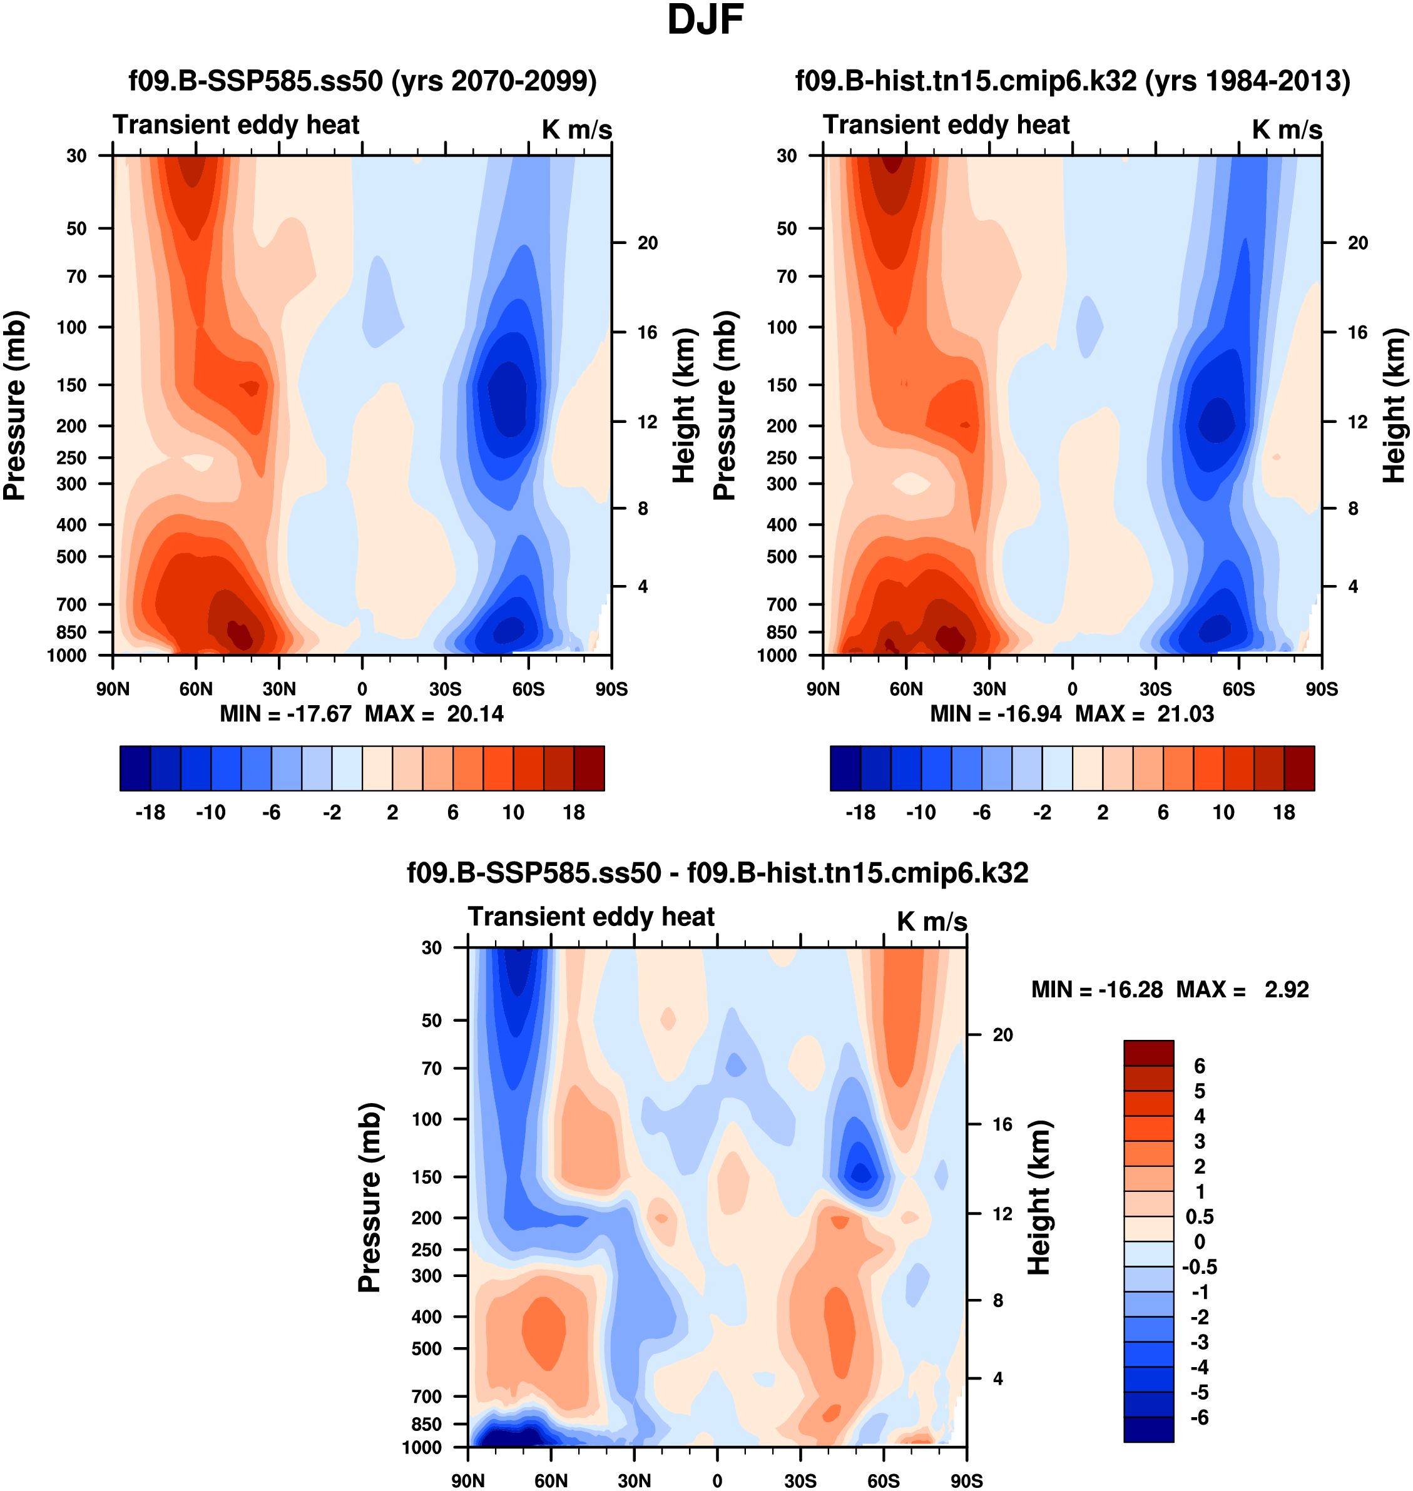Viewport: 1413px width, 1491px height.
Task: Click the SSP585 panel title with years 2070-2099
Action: click(x=362, y=81)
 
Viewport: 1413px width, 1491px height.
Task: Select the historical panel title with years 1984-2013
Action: click(x=1073, y=81)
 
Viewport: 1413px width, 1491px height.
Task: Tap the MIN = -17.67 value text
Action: click(x=285, y=713)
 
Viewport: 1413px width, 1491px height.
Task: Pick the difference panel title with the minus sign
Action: click(x=717, y=873)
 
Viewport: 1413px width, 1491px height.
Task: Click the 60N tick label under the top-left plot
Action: click(x=196, y=689)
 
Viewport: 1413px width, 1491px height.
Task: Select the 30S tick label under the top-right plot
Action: click(x=1155, y=689)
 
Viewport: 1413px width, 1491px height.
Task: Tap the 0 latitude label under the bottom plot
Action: click(x=717, y=1480)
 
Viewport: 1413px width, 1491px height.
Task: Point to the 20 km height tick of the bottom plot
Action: click(x=1002, y=1035)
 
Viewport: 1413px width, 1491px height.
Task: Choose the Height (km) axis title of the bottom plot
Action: click(x=1039, y=1198)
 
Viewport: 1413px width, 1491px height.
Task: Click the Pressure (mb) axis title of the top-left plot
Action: click(x=15, y=405)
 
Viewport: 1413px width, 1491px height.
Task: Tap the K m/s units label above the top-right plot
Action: click(x=1287, y=130)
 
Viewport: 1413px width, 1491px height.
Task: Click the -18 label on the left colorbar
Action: click(x=150, y=813)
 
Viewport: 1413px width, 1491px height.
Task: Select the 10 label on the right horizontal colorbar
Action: click(x=1223, y=813)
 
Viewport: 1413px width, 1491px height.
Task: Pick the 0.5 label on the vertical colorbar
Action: click(x=1199, y=1217)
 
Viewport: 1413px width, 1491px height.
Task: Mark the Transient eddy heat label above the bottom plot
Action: click(x=591, y=917)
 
